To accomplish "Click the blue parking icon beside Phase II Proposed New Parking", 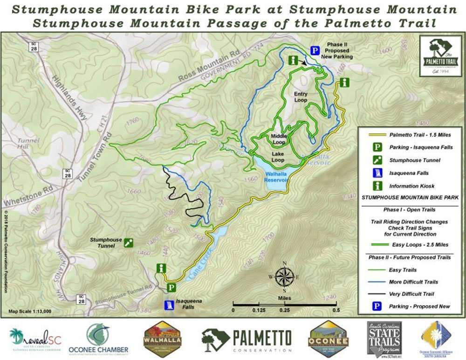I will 315,50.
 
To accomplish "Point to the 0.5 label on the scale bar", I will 335,310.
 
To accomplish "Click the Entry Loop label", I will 301,97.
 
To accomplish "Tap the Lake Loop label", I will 278,157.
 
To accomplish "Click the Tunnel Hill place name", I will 28,143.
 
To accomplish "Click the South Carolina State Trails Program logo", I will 384,338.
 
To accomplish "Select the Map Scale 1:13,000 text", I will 30,311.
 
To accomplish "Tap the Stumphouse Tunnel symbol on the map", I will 129,242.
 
